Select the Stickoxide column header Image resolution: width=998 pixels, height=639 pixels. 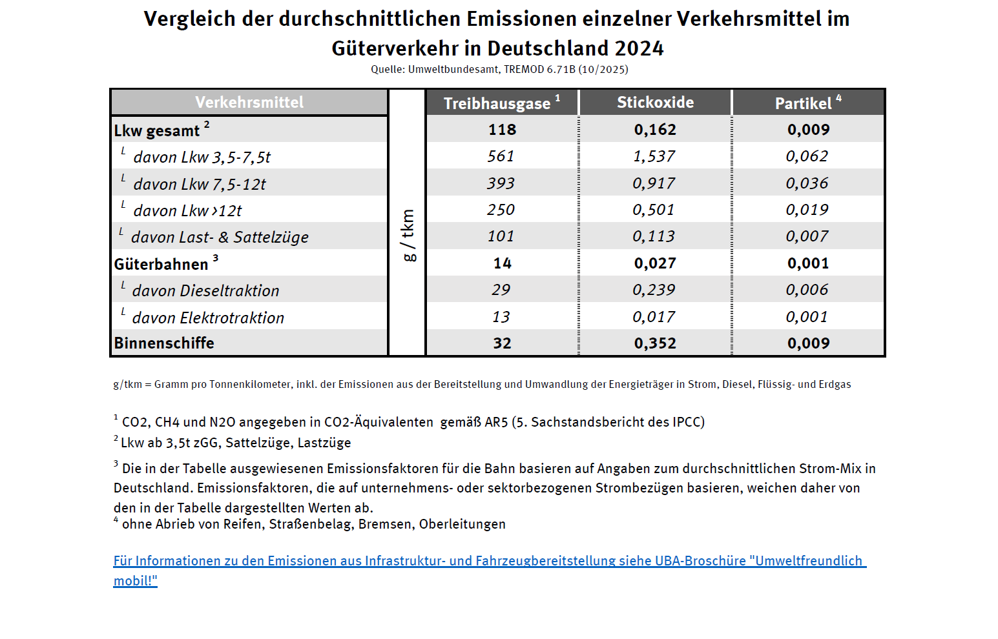tap(655, 103)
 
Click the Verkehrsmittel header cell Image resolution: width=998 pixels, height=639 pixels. tap(249, 103)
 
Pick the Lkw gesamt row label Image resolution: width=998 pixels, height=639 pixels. tap(157, 130)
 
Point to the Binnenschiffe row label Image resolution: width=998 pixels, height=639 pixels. tap(164, 343)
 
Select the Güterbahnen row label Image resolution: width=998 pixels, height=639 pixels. tap(161, 264)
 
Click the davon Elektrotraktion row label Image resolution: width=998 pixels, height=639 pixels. tap(208, 318)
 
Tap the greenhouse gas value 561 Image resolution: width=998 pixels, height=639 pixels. tap(501, 156)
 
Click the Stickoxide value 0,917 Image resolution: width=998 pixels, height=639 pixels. tap(654, 183)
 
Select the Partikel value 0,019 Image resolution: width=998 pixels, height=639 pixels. tap(807, 210)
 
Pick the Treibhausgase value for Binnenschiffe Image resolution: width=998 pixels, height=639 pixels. tap(502, 343)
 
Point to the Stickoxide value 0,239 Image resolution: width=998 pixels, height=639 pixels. tap(654, 290)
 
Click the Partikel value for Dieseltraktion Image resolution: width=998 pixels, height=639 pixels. tap(807, 290)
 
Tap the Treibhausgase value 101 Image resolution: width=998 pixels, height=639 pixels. tap(501, 236)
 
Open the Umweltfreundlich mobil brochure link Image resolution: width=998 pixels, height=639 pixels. tap(489, 562)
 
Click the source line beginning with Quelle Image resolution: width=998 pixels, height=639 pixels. tap(499, 70)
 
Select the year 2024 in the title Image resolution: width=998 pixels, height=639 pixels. tap(639, 48)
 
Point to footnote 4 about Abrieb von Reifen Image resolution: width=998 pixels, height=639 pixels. tap(313, 524)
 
